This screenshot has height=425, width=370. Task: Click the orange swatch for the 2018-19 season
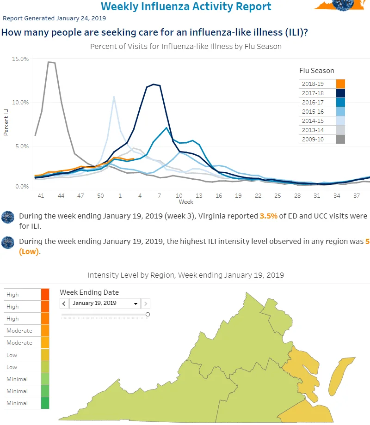(340, 84)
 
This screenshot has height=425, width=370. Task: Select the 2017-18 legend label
(313, 93)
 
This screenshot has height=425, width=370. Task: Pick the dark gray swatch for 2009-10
(340, 140)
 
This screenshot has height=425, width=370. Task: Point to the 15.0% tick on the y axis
(20, 59)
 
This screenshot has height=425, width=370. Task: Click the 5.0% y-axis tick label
(22, 146)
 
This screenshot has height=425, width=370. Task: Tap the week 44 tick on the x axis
(61, 196)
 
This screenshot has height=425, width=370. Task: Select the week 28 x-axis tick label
(297, 196)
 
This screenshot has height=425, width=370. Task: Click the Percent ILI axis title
(6, 122)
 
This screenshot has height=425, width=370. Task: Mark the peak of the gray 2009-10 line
(49, 62)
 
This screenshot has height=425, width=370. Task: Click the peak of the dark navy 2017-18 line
(154, 84)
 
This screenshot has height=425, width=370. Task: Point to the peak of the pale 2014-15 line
(114, 97)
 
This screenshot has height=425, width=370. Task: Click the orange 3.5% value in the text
(268, 216)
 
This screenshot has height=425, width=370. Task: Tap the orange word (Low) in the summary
(29, 251)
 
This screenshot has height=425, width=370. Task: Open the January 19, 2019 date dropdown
(105, 304)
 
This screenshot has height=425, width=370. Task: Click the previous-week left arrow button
(64, 304)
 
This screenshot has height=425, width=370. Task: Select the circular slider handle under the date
(148, 315)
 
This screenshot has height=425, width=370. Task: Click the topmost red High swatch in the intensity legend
(45, 295)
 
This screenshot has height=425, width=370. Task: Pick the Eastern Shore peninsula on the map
(340, 376)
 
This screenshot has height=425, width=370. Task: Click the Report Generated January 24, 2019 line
(54, 18)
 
